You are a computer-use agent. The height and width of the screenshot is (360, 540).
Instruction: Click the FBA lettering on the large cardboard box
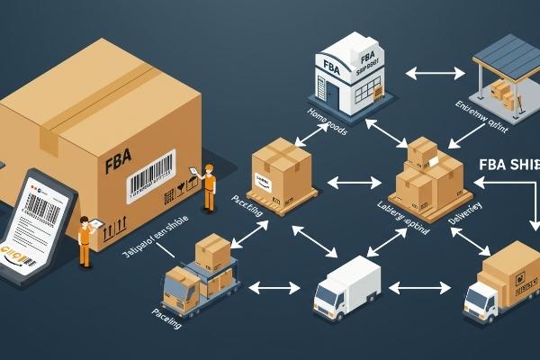119,166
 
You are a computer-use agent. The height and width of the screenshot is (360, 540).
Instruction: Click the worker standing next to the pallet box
210,188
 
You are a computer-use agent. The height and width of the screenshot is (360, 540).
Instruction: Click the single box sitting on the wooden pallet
283,167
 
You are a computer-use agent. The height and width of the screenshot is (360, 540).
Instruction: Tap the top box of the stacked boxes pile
421,150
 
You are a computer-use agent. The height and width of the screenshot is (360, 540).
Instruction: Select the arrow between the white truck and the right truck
419,289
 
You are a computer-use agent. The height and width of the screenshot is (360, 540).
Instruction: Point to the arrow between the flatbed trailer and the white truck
274,289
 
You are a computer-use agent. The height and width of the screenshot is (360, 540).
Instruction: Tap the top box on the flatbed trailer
212,249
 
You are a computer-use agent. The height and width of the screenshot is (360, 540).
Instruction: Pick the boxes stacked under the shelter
504,93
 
